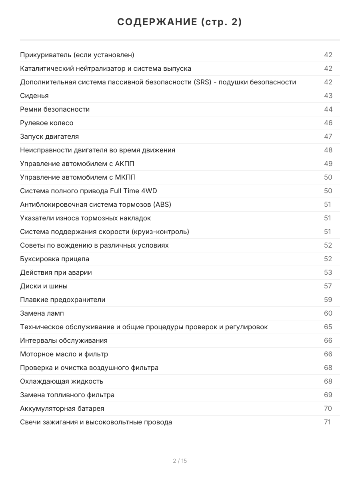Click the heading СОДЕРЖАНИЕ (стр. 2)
[x=180, y=22]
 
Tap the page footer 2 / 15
[x=180, y=461]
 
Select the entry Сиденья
[x=34, y=96]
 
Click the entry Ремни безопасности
[x=55, y=109]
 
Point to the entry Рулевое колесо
[x=47, y=123]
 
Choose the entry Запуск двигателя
[x=50, y=136]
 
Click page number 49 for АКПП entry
[x=328, y=164]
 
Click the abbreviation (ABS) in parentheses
[x=162, y=204]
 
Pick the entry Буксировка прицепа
[x=55, y=259]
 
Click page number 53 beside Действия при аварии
[x=328, y=272]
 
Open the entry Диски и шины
[x=44, y=286]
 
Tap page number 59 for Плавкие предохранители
[x=328, y=300]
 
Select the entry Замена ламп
[x=42, y=313]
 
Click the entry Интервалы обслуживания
[x=64, y=340]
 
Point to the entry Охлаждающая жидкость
[x=62, y=381]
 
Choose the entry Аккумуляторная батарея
[x=62, y=408]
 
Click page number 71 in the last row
[x=328, y=422]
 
